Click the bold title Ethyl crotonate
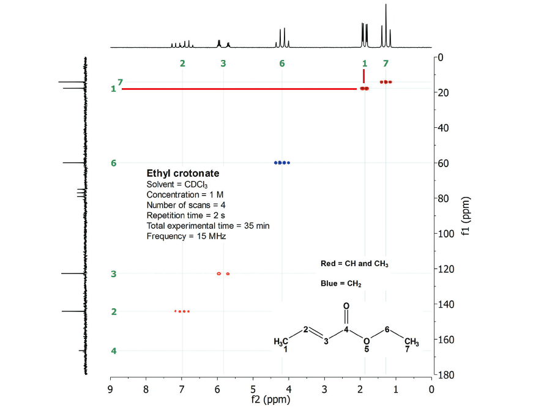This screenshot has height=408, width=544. tap(182, 174)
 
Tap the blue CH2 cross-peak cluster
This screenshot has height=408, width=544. tap(282, 163)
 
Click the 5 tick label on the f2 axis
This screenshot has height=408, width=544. tap(253, 388)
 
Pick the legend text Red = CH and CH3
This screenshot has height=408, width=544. tap(355, 264)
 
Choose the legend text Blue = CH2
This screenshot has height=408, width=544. tap(341, 284)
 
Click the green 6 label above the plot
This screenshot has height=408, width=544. tap(282, 64)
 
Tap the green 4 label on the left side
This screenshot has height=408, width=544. tap(114, 351)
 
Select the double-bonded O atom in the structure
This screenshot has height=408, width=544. tap(346, 305)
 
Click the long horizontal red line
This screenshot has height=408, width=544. tap(239, 89)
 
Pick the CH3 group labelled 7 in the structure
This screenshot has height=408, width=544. tap(411, 341)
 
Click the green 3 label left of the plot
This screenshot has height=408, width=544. tap(114, 274)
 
